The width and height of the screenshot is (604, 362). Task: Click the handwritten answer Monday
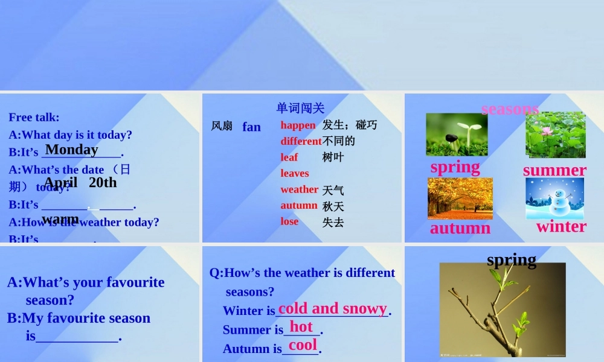[x=71, y=149]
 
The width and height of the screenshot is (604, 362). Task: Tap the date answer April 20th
[x=80, y=182]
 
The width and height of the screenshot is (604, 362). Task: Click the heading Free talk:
[x=34, y=117]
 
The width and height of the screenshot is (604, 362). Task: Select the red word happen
[x=298, y=125]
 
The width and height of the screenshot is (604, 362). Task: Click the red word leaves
[x=295, y=173]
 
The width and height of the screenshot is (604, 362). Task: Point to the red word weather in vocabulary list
[x=299, y=189]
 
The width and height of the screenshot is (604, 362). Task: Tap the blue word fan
[x=251, y=127]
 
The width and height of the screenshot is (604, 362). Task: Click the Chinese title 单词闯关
[x=300, y=108]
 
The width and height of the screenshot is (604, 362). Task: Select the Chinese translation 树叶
[x=333, y=157]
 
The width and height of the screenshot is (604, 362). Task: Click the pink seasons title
[x=510, y=109]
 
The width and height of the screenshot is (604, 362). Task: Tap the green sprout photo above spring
[x=457, y=135]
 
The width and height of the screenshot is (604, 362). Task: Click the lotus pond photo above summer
[x=555, y=135]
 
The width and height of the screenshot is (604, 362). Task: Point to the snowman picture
[x=554, y=198]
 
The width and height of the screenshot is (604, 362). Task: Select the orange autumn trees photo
[x=460, y=198]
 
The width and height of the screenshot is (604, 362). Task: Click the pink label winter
[x=561, y=226]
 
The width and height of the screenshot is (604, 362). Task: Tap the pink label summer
[x=554, y=170]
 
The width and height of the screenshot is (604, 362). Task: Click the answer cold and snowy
[x=332, y=308]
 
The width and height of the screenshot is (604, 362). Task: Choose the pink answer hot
[x=301, y=327]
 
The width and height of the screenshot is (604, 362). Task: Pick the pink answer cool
[x=303, y=345]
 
